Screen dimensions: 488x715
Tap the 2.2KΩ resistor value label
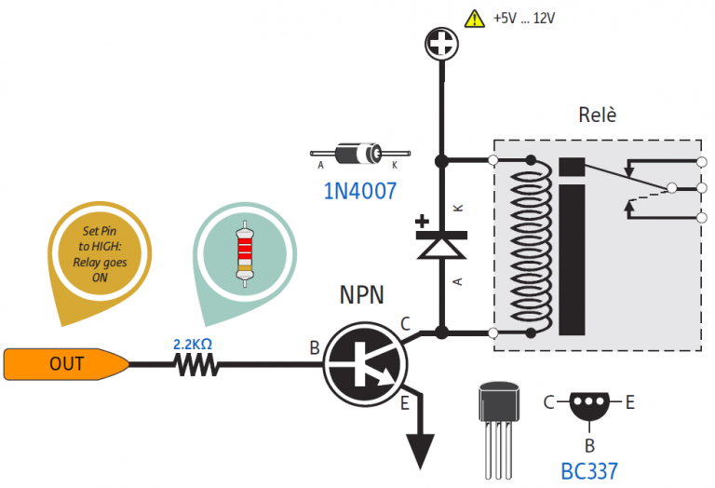point(193,345)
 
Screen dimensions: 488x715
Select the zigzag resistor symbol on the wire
point(196,365)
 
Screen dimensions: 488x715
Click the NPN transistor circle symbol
point(364,364)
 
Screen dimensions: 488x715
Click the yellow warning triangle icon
point(475,18)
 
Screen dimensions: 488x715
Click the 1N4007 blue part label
point(359,192)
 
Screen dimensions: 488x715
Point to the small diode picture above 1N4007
point(359,153)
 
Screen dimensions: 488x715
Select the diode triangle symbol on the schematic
point(440,246)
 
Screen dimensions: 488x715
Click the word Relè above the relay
point(597,116)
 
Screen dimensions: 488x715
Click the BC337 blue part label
point(589,469)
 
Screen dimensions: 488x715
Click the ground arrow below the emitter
point(422,449)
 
